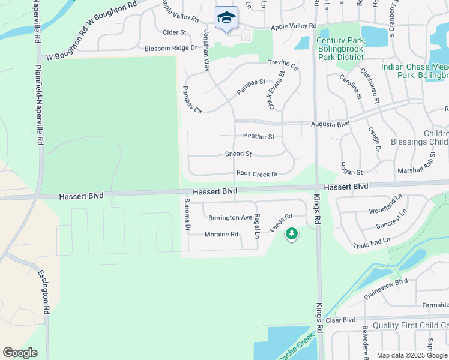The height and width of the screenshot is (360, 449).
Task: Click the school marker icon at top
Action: (226, 18)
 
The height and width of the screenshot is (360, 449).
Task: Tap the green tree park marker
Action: (292, 233)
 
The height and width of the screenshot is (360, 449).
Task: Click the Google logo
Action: (20, 353)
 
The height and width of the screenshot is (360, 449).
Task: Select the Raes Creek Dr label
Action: (257, 174)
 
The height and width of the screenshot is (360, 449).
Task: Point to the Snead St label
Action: (238, 154)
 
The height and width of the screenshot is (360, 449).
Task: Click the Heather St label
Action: (258, 137)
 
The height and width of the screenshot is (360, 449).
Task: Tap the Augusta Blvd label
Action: (330, 124)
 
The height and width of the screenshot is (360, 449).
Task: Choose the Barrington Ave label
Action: (229, 218)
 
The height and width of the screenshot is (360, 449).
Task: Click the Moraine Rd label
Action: (221, 235)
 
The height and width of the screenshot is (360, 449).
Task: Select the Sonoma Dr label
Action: (187, 215)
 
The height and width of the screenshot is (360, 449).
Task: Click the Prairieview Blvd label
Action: (386, 288)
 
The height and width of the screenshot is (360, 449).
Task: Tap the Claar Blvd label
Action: (341, 320)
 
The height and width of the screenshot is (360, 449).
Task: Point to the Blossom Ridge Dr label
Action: (171, 48)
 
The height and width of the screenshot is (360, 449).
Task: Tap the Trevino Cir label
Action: (283, 65)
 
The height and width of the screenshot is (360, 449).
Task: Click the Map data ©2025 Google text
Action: (411, 355)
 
